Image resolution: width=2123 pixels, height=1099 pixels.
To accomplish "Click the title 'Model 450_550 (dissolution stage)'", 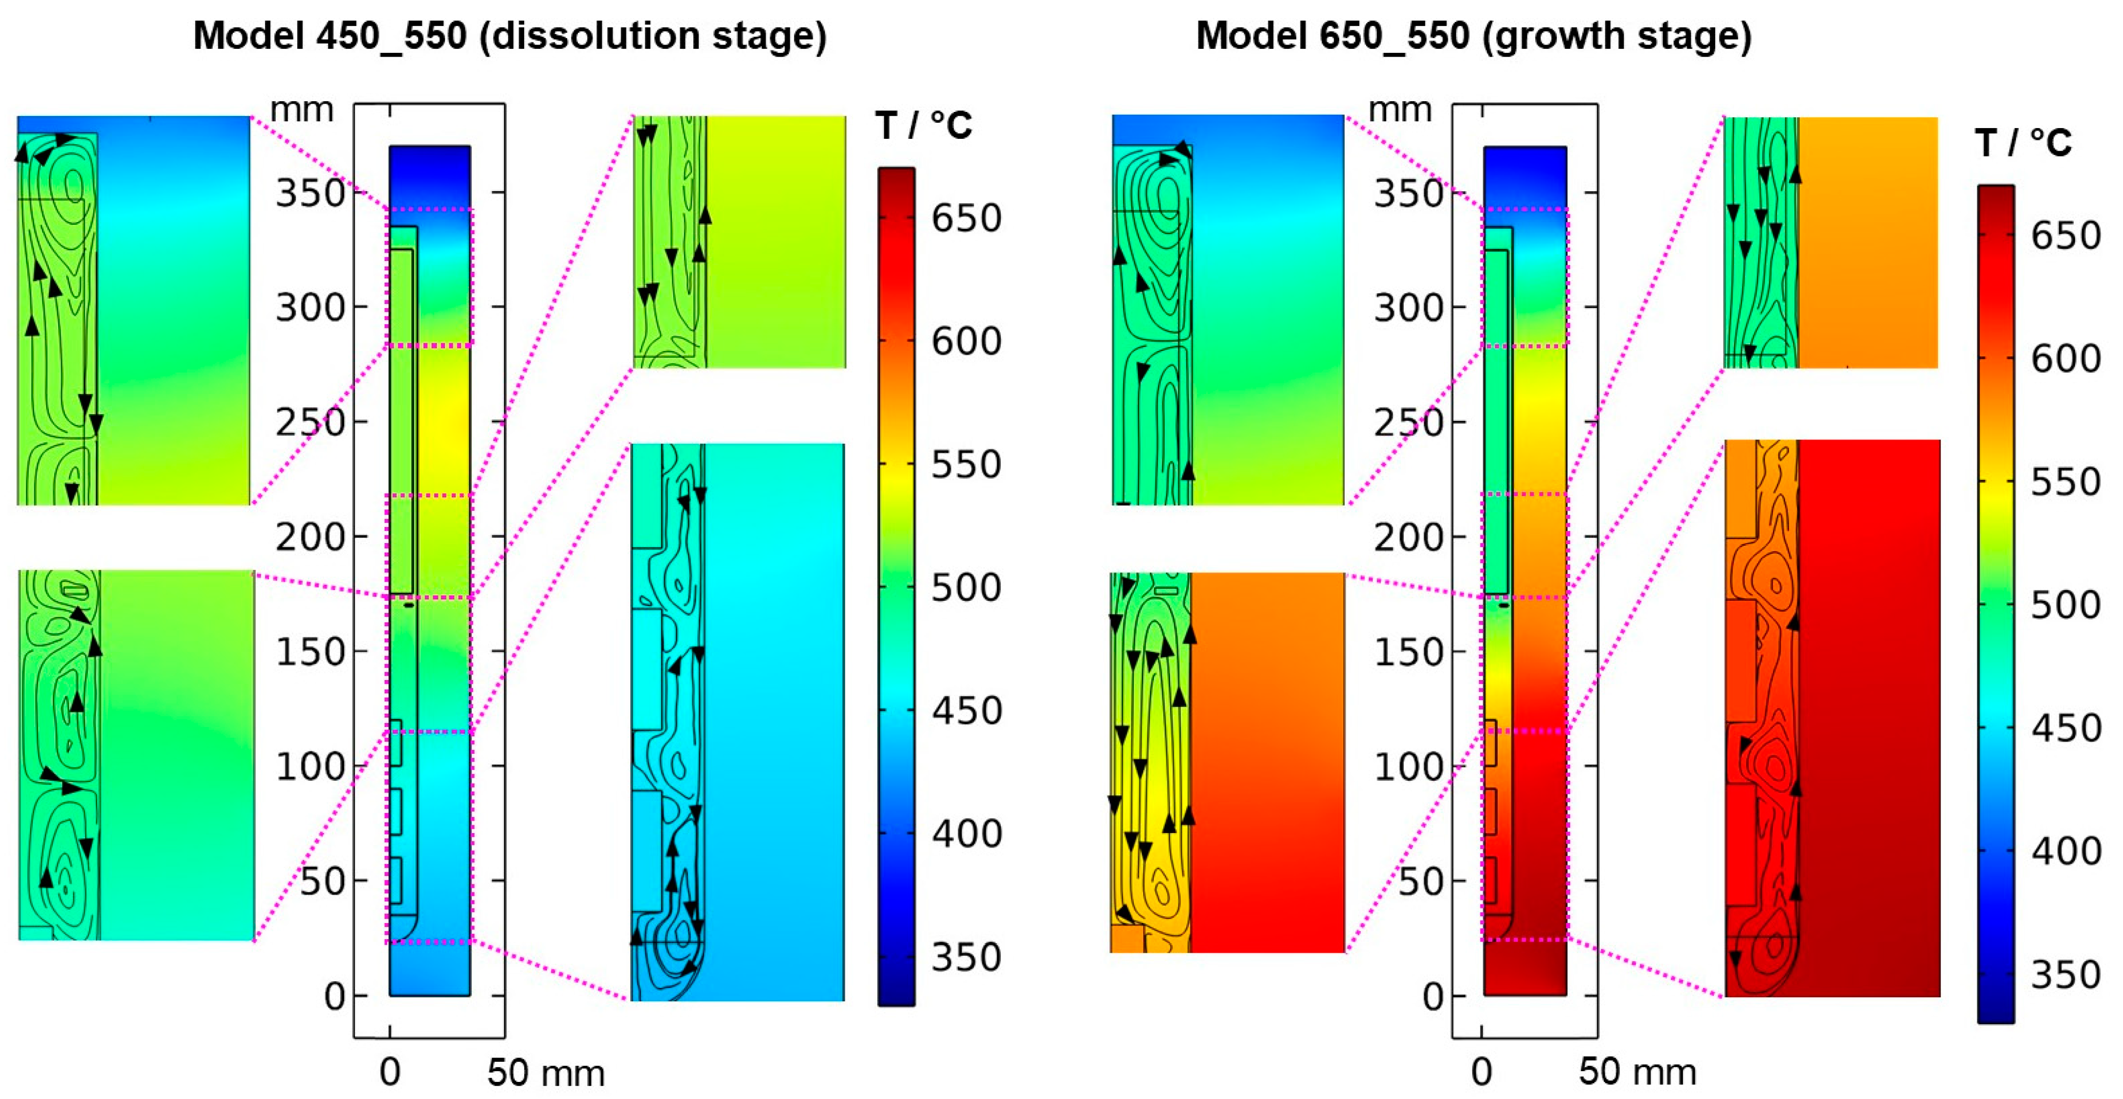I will (509, 36).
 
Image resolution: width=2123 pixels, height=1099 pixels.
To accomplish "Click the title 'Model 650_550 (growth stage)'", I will (1474, 36).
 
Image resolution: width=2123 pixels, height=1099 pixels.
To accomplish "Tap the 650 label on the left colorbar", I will (966, 219).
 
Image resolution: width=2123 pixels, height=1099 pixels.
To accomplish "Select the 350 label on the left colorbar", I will (966, 957).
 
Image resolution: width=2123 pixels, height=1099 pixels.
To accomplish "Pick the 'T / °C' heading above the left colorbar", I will (923, 126).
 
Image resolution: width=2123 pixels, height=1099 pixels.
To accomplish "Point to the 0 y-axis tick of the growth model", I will (1434, 997).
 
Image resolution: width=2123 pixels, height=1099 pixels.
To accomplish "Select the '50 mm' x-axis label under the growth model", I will (1637, 1072).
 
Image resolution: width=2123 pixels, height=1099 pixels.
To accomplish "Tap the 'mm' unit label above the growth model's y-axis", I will (1399, 110).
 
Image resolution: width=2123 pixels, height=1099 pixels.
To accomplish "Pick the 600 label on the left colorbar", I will (966, 341).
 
